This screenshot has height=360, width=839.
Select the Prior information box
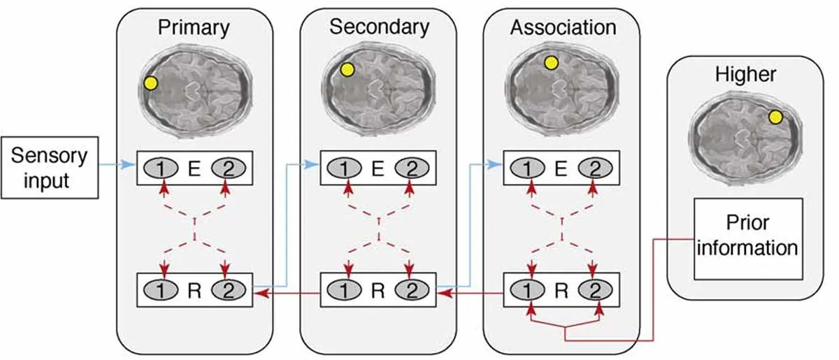pos(746,236)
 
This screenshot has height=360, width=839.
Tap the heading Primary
pos(194,28)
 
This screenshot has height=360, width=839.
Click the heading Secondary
pos(379,27)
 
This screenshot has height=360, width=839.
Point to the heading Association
pos(563,28)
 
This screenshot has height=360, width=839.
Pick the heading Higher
pos(745,74)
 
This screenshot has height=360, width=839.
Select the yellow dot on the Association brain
pos(551,63)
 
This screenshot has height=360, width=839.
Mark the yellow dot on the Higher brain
pos(775,117)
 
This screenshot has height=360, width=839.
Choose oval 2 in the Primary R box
pos(224,289)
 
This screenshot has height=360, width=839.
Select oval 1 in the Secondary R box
pos(349,289)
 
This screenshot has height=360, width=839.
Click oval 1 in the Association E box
pos(532,168)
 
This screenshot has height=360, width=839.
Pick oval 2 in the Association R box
pos(594,289)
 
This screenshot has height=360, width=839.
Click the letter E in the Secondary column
pos(378,168)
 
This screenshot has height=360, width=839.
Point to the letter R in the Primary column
pos(194,289)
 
